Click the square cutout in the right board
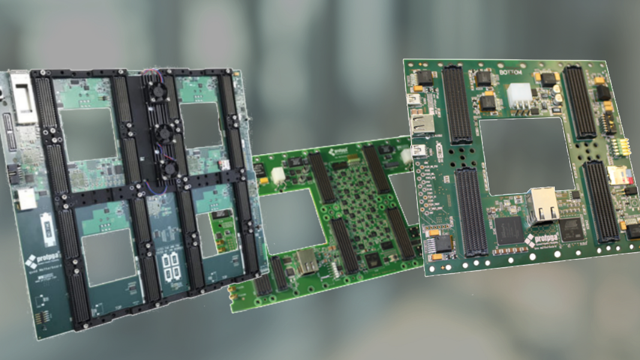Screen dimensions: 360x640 pos(527,155)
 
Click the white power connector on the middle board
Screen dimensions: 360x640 pos(277,174)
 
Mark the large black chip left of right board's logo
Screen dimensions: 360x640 pos(509,230)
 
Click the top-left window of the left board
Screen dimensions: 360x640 pos(88,133)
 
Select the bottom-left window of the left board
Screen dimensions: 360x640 pos(109,258)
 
